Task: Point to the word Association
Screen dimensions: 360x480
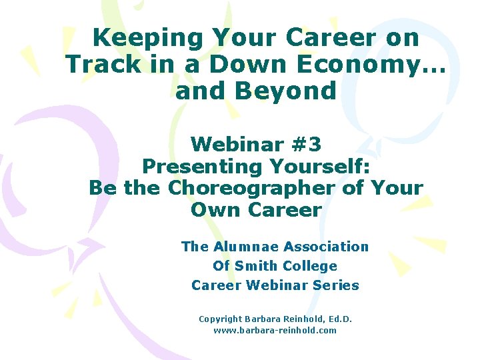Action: click(x=326, y=247)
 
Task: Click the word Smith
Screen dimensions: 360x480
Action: click(x=253, y=266)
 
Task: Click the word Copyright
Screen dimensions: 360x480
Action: click(x=222, y=319)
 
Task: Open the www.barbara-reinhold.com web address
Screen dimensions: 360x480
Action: click(x=275, y=330)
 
